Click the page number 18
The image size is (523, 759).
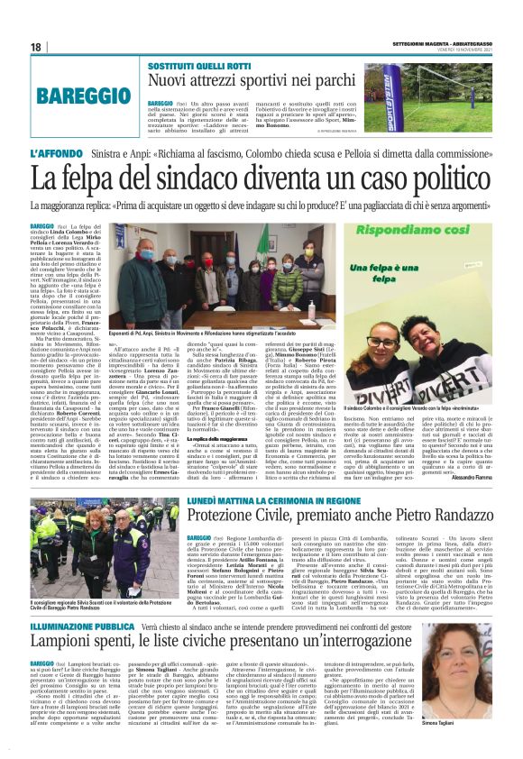tap(36, 47)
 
